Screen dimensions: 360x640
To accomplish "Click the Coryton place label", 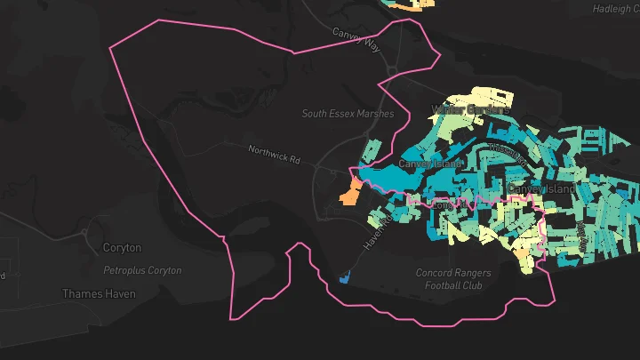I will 122,248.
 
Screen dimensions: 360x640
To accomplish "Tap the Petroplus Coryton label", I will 142,270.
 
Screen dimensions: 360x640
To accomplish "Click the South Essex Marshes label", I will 347,114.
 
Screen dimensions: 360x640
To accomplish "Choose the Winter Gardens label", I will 470,110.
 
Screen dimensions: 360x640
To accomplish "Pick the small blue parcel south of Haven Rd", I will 345,277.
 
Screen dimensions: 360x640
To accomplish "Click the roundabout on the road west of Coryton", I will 85,233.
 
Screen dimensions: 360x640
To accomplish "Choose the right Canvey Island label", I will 542,190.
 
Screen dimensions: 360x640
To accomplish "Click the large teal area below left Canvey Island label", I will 391,179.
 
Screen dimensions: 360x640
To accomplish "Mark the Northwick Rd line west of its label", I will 213,142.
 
